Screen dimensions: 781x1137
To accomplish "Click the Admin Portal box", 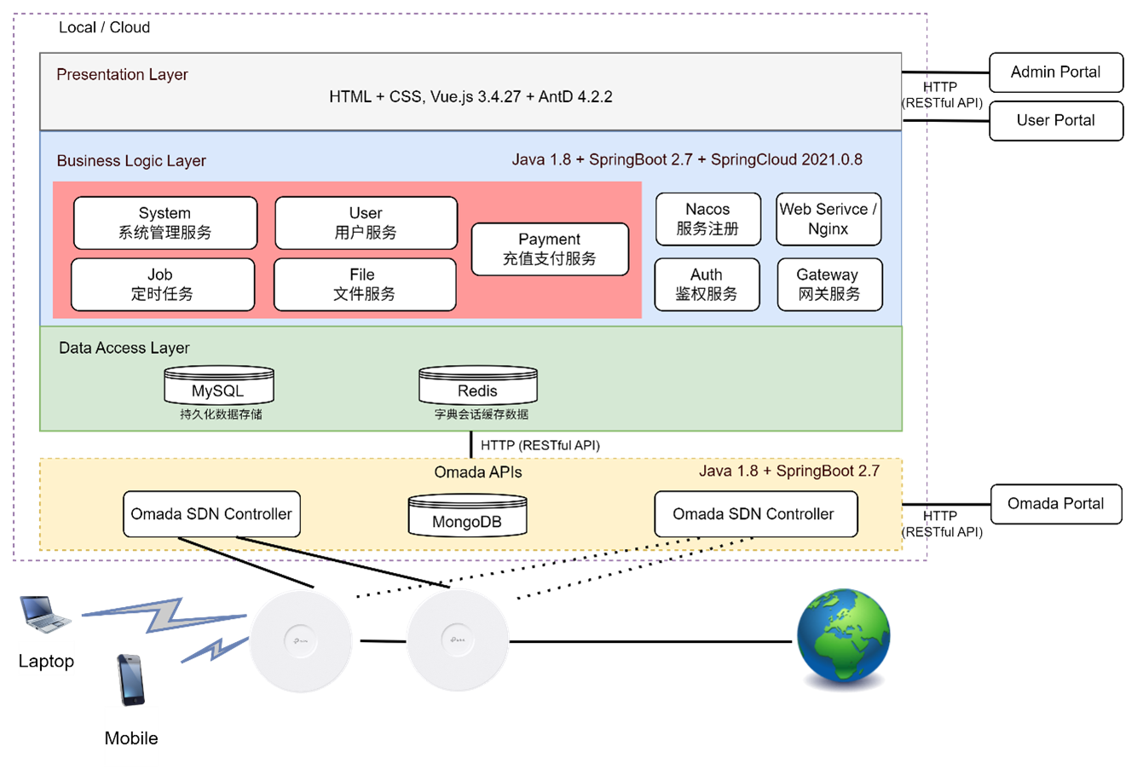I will pos(1055,72).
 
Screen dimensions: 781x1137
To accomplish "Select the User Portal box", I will pos(1055,120).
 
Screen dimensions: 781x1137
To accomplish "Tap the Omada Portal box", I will pos(1055,504).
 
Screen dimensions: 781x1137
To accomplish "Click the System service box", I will pos(165,223).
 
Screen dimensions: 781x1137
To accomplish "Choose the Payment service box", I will pos(550,249).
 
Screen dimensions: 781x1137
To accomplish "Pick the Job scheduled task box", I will pos(163,285).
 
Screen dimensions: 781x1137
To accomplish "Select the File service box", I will pos(364,285).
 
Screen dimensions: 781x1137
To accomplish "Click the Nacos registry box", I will pos(707,219).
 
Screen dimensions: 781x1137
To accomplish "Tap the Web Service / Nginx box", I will pos(828,219).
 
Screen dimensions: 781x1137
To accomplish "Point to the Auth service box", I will pos(707,285).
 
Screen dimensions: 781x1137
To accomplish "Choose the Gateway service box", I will pos(828,285).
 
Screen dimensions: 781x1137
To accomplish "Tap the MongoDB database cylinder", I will pos(467,516).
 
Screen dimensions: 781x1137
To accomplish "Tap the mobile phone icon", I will pos(130,680).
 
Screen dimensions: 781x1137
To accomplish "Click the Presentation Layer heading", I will pos(122,75).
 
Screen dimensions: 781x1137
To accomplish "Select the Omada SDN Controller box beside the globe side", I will pos(754,514).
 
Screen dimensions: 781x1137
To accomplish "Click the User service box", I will pos(366,223).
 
